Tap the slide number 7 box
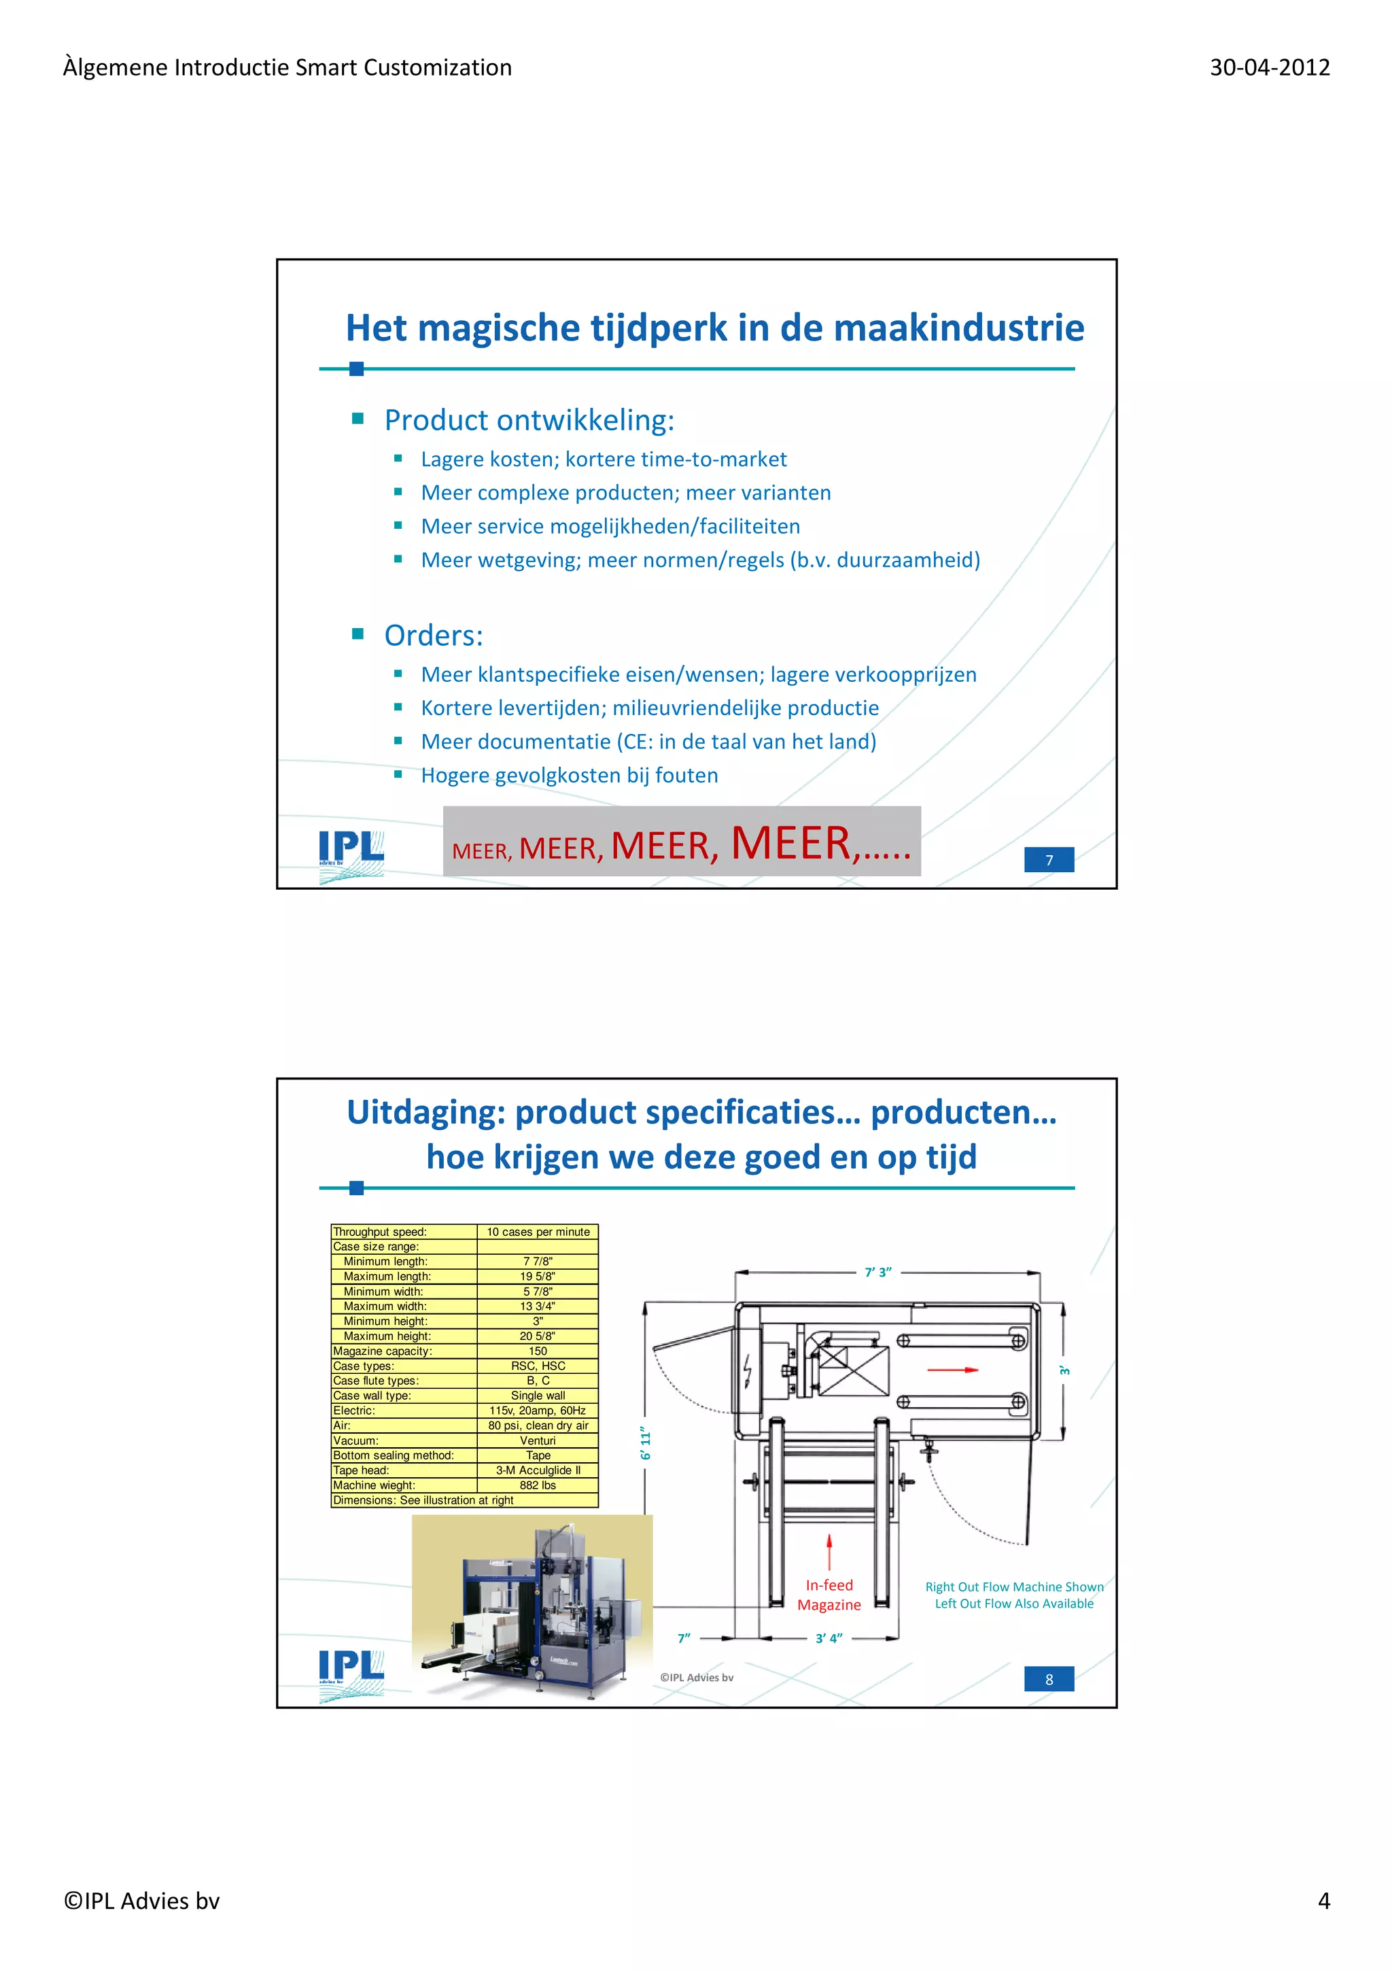[1048, 860]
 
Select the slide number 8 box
[1048, 1679]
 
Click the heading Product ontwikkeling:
[529, 420]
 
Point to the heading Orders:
[433, 636]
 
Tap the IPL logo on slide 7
[351, 854]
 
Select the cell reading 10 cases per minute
[538, 1232]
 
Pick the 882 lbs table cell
[538, 1485]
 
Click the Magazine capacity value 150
[538, 1351]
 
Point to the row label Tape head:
[361, 1470]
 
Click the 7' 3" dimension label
[877, 1272]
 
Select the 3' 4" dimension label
[829, 1638]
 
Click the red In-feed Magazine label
[829, 1595]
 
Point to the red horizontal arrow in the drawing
[952, 1370]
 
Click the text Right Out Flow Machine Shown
[1014, 1587]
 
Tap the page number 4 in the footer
[1323, 1901]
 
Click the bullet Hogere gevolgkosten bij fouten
[570, 776]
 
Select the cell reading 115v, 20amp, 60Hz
[538, 1411]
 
